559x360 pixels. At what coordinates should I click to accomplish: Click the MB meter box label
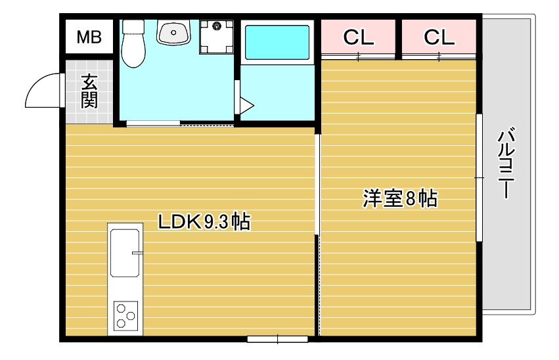click(89, 37)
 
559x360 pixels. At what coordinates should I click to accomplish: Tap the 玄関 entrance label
click(89, 91)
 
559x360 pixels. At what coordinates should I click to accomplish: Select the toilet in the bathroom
click(133, 43)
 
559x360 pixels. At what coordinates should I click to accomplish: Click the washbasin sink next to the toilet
click(173, 32)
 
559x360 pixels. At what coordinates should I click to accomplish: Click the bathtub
click(277, 42)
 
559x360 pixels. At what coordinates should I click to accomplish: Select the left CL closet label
click(358, 37)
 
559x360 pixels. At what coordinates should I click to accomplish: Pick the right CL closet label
click(439, 37)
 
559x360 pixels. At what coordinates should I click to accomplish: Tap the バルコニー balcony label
click(506, 162)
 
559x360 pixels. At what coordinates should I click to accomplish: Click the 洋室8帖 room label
click(400, 198)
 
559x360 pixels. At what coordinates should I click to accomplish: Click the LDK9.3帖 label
click(204, 221)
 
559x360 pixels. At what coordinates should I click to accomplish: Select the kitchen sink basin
click(125, 253)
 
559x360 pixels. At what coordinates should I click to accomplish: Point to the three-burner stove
click(126, 316)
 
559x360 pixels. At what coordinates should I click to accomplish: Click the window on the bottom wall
click(277, 339)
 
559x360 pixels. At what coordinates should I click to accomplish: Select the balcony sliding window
click(479, 177)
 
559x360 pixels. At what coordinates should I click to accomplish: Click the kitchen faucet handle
click(137, 253)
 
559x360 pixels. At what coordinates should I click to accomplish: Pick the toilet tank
click(133, 26)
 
